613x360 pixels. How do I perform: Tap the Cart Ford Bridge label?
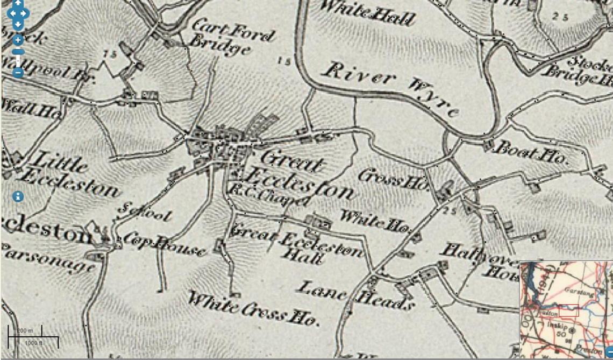point(228,38)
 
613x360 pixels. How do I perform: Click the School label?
point(146,213)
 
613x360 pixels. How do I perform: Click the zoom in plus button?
point(18,40)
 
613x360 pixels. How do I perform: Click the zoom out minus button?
point(18,72)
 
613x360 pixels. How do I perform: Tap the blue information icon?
point(18,196)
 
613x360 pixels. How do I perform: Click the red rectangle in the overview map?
point(568,310)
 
